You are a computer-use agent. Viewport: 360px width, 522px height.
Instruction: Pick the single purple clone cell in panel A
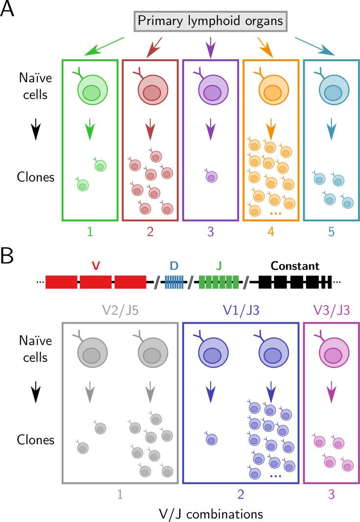(211, 176)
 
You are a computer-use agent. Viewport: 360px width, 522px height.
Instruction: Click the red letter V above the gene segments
(96, 266)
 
